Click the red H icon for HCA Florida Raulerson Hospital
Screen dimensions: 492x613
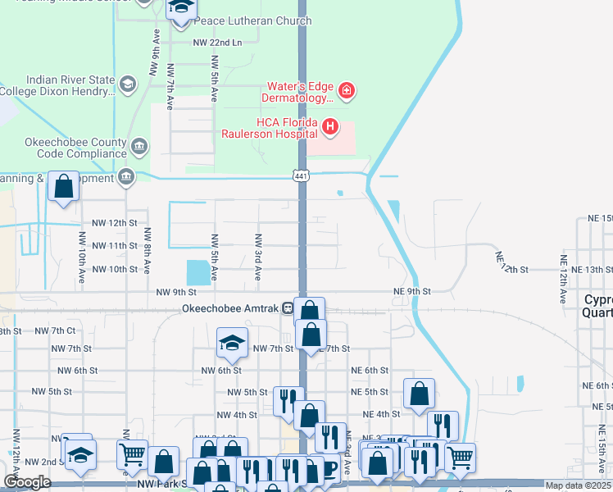(x=329, y=126)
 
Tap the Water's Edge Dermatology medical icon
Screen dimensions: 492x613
(x=346, y=90)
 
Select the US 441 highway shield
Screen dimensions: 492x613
(x=301, y=175)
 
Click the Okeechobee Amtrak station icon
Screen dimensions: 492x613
(x=288, y=308)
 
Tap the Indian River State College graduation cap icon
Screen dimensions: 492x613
(x=127, y=84)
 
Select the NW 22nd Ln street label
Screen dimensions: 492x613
(x=217, y=42)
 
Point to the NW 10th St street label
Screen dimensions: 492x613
(x=114, y=269)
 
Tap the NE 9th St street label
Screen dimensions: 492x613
(x=411, y=291)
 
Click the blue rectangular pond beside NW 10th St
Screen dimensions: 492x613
(x=198, y=271)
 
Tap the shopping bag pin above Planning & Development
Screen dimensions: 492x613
(x=64, y=186)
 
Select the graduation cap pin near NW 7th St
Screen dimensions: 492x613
(x=233, y=343)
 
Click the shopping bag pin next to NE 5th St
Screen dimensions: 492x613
(x=419, y=392)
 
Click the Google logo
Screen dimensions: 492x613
(x=27, y=482)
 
